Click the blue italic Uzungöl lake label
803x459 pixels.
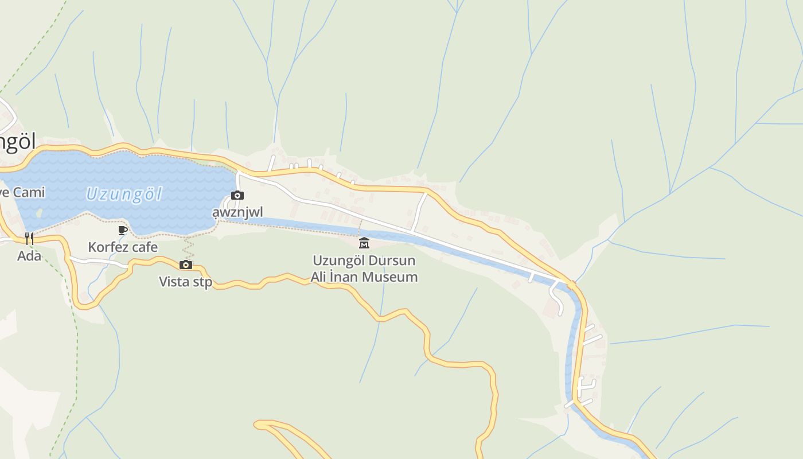(124, 195)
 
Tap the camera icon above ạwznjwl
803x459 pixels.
(237, 196)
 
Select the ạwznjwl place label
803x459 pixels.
(237, 212)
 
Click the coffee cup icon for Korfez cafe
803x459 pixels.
(122, 231)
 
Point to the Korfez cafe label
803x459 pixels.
(123, 247)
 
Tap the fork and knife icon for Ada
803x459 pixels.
(29, 239)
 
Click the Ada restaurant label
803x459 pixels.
(29, 256)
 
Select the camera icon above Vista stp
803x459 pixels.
(185, 264)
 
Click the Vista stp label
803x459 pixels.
(185, 282)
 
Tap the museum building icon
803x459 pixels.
(364, 243)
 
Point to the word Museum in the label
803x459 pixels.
(394, 277)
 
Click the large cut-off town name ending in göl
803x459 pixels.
(17, 142)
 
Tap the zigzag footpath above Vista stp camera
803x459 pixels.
(188, 248)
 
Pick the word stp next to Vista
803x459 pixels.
(202, 282)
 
